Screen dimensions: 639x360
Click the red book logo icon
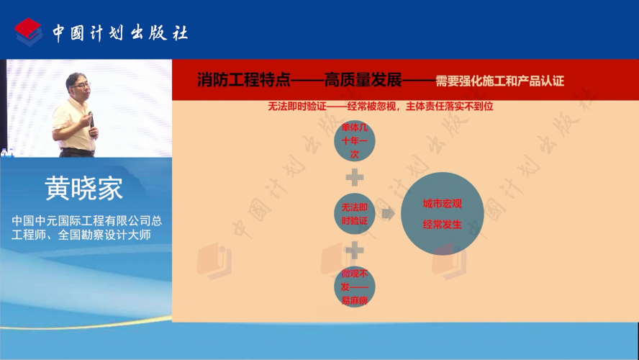(x=29, y=32)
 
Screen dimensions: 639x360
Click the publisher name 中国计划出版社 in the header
(x=120, y=32)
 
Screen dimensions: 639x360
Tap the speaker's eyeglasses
(x=83, y=85)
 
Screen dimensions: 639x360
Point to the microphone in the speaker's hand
(x=91, y=122)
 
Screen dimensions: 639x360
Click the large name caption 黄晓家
(x=84, y=188)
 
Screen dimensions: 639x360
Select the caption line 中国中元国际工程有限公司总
(x=87, y=220)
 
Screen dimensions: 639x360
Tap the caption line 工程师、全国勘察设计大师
(x=81, y=235)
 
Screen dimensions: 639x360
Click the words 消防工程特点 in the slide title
(x=244, y=79)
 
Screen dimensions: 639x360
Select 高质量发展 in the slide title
(x=363, y=79)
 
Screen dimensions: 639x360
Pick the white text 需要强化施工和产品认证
(x=499, y=81)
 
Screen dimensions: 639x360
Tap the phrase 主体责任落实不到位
(x=450, y=107)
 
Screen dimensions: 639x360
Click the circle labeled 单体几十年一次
(x=354, y=140)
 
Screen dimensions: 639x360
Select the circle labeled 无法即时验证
(x=354, y=214)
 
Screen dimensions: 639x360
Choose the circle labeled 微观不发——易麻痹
(x=354, y=287)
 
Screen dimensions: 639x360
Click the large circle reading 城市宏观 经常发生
(x=442, y=214)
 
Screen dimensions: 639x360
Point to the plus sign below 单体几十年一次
(x=355, y=177)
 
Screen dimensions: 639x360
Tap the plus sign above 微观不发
(x=355, y=251)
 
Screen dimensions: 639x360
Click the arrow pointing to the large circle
(x=389, y=213)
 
